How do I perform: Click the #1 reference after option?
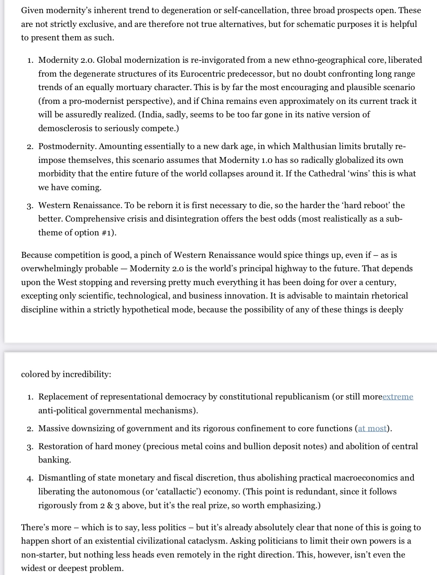[108, 232]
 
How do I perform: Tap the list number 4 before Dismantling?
[30, 478]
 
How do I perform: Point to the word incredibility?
[87, 374]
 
